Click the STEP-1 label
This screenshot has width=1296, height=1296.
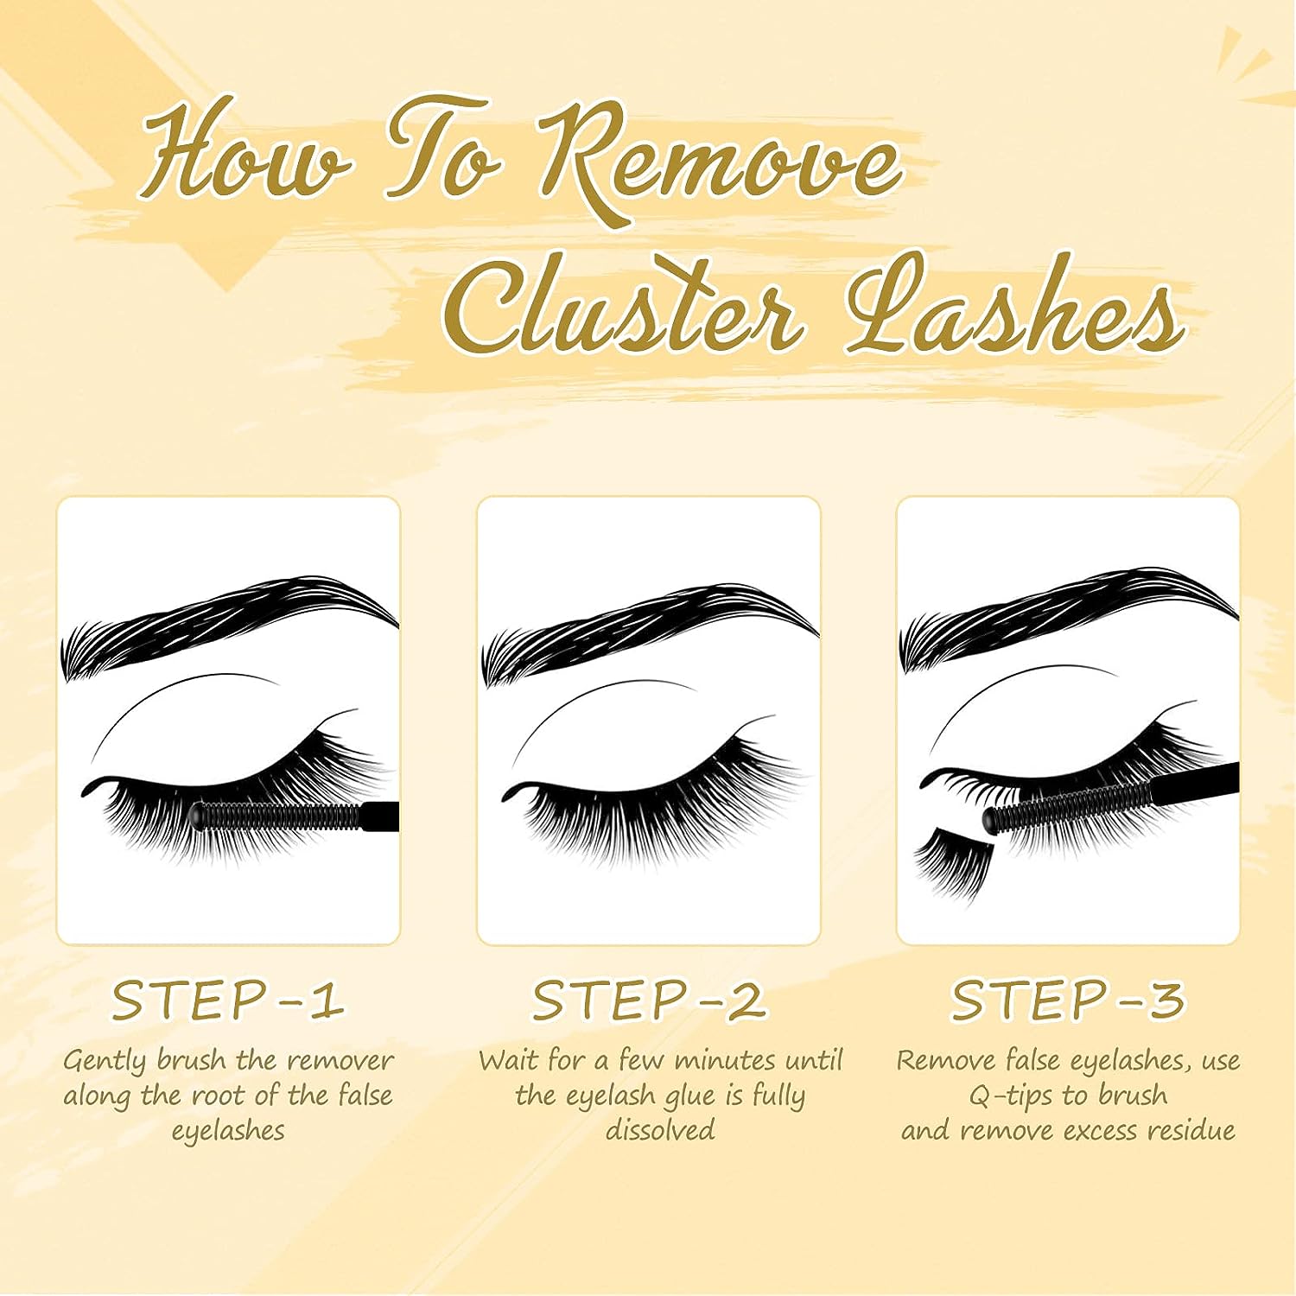[228, 1001]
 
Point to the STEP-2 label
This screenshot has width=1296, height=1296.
[648, 1001]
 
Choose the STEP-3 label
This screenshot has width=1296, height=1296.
[1068, 1001]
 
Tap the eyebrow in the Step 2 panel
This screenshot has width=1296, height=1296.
[648, 626]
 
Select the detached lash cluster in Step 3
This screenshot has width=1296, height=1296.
[950, 860]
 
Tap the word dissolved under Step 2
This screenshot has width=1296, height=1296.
[660, 1130]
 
